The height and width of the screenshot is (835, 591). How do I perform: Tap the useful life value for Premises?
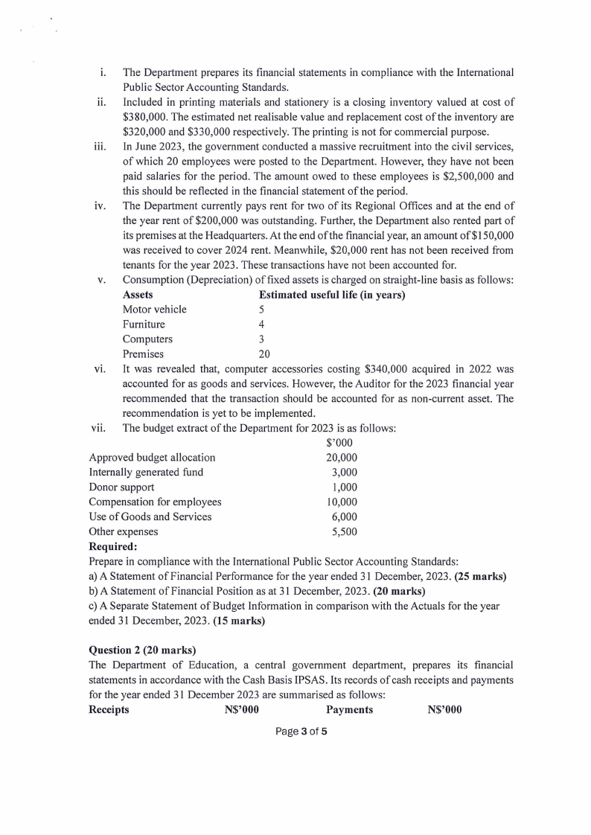click(264, 354)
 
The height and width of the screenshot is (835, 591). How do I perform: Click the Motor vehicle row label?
click(155, 310)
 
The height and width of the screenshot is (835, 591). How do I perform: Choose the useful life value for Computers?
click(261, 339)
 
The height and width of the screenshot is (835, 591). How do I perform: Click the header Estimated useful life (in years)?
click(331, 295)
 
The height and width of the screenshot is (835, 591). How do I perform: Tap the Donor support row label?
click(122, 487)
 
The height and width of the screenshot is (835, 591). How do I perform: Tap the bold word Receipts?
click(109, 709)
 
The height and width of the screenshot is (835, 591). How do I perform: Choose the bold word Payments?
click(349, 709)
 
